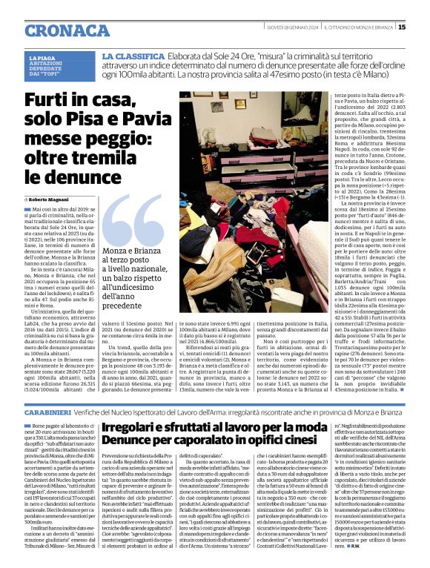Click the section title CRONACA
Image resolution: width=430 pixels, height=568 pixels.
click(59, 29)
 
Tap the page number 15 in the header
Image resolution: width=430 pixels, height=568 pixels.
click(423, 27)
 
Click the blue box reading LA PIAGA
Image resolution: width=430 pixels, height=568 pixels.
click(41, 58)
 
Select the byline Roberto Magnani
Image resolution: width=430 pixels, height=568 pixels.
click(50, 201)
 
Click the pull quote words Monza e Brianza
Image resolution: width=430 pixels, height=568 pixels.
click(137, 251)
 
